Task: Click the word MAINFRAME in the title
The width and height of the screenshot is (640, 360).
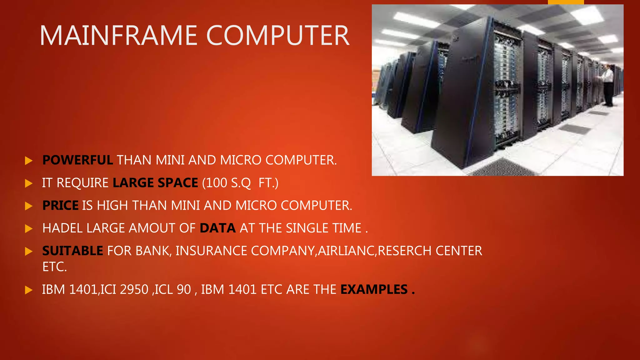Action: [118, 36]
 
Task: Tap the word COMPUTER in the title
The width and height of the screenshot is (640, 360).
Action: [277, 36]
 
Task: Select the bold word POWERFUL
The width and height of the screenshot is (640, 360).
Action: [77, 160]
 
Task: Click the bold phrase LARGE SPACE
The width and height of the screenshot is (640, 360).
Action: [155, 183]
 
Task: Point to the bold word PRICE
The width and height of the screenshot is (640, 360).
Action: [60, 206]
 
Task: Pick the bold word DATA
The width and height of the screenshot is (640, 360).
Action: [217, 228]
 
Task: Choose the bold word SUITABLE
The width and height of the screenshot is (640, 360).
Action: [72, 251]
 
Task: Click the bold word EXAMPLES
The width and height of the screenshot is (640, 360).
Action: [374, 289]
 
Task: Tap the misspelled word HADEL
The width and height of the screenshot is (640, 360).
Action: [62, 228]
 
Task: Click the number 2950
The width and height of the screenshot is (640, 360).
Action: [134, 289]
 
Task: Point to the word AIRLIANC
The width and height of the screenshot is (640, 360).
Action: [346, 251]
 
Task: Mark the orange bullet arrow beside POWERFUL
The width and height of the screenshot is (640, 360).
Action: [29, 161]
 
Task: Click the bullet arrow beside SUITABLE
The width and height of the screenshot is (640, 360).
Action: [29, 251]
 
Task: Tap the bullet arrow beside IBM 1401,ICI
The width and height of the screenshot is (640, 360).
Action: [29, 290]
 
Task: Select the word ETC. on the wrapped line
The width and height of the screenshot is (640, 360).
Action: [54, 267]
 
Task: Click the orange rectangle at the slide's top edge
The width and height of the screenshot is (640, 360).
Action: [566, 2]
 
